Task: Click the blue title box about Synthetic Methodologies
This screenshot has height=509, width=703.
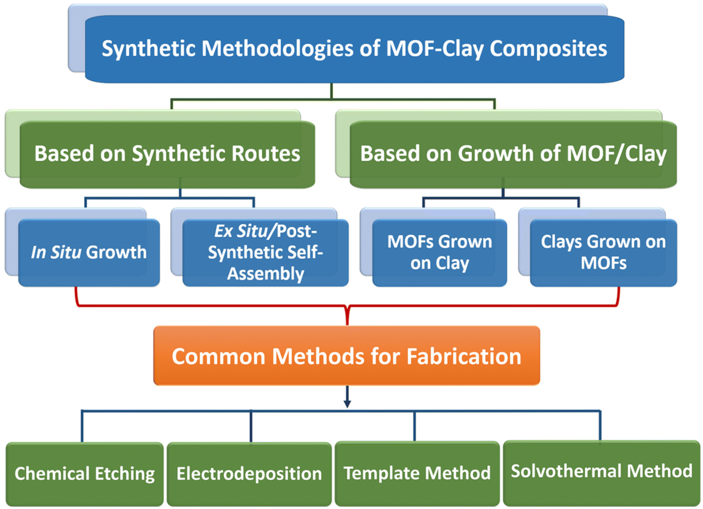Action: pyautogui.click(x=355, y=49)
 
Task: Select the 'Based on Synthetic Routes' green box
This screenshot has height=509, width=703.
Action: pyautogui.click(x=167, y=154)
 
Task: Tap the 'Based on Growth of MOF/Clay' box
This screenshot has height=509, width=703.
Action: pyautogui.click(x=513, y=154)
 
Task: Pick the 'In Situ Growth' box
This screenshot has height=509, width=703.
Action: pyautogui.click(x=89, y=253)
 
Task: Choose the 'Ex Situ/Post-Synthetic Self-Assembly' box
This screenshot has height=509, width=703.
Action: pyautogui.click(x=266, y=253)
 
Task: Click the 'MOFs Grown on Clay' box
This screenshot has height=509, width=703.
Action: pyautogui.click(x=440, y=253)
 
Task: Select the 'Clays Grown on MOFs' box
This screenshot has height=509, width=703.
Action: pyautogui.click(x=604, y=253)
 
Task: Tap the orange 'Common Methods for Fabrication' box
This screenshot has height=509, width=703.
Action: pyautogui.click(x=347, y=356)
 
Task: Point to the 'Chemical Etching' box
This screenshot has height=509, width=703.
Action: pyautogui.click(x=85, y=474)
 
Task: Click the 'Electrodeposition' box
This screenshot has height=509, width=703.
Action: pyautogui.click(x=249, y=474)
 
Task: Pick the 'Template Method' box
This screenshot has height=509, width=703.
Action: pyautogui.click(x=417, y=473)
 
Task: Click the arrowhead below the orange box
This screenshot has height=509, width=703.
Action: pyautogui.click(x=347, y=403)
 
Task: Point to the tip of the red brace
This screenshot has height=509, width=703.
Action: pyautogui.click(x=347, y=324)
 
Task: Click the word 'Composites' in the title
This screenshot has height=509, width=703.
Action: pyautogui.click(x=548, y=49)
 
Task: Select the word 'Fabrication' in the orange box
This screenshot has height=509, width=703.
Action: pyautogui.click(x=464, y=357)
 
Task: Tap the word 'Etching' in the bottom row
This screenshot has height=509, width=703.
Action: pyautogui.click(x=125, y=474)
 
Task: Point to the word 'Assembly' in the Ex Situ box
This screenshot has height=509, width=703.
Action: pyautogui.click(x=266, y=274)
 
